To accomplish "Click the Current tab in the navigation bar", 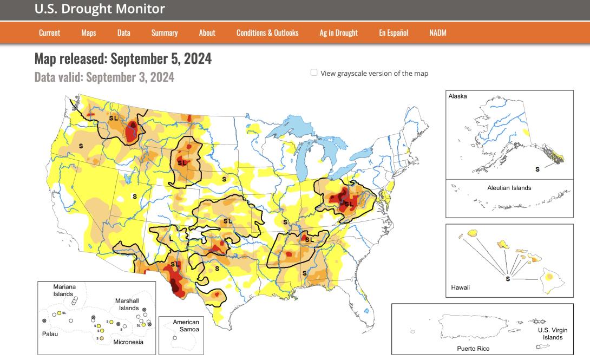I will tap(49, 33).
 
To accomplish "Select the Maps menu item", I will tap(88, 33).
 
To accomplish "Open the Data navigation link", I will tap(123, 33).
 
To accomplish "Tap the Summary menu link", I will tap(165, 33).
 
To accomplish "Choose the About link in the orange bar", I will tap(207, 33).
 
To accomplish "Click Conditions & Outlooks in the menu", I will tap(267, 33).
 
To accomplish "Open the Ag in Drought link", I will tap(338, 33).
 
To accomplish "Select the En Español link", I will tap(393, 33).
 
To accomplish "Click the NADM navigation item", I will tap(437, 33).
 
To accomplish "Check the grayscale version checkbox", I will tap(314, 73).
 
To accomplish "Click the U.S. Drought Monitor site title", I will tap(100, 9).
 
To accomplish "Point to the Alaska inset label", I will tap(457, 96).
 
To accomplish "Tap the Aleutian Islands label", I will tap(509, 188).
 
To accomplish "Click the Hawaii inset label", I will tap(460, 287).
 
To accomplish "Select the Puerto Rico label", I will tap(473, 349).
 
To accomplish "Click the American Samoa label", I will tap(186, 326).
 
